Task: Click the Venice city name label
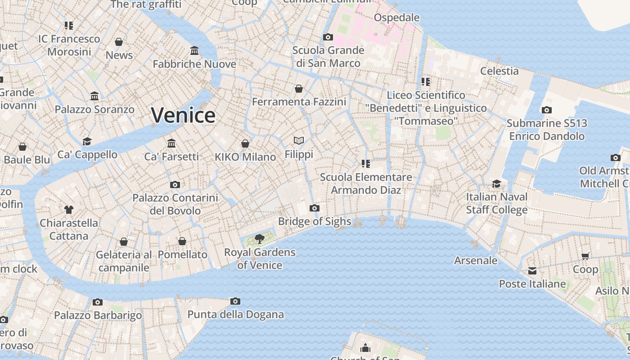click(x=183, y=115)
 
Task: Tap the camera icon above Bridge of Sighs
click(x=315, y=208)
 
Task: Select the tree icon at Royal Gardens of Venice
click(x=259, y=238)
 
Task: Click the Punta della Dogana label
click(x=235, y=315)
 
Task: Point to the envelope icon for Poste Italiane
click(x=532, y=270)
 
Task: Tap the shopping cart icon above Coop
click(x=585, y=256)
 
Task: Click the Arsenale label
click(x=476, y=261)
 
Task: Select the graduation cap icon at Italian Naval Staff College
click(x=496, y=184)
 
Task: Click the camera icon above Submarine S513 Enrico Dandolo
click(x=547, y=110)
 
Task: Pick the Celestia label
click(x=499, y=71)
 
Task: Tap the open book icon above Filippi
click(x=299, y=140)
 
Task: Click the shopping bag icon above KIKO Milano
click(x=245, y=144)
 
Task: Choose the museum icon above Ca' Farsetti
click(x=171, y=143)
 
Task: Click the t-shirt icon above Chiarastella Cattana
click(x=69, y=209)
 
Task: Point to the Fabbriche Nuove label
click(x=194, y=64)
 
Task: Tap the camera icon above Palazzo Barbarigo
click(x=98, y=302)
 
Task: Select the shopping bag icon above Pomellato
click(x=182, y=241)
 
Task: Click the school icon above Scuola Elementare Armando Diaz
click(x=366, y=163)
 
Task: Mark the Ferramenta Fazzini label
click(x=299, y=102)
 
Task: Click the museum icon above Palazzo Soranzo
click(x=94, y=96)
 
